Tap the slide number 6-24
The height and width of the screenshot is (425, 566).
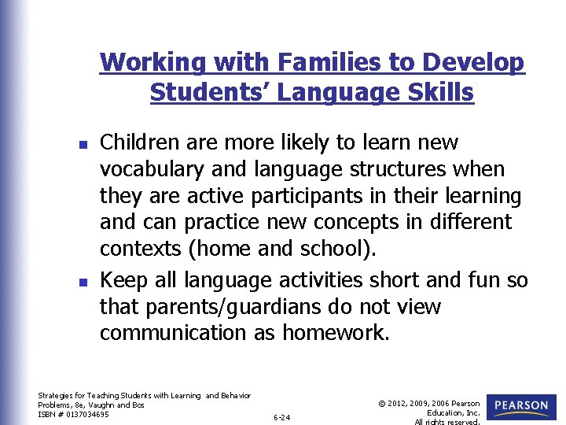[x=281, y=417]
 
